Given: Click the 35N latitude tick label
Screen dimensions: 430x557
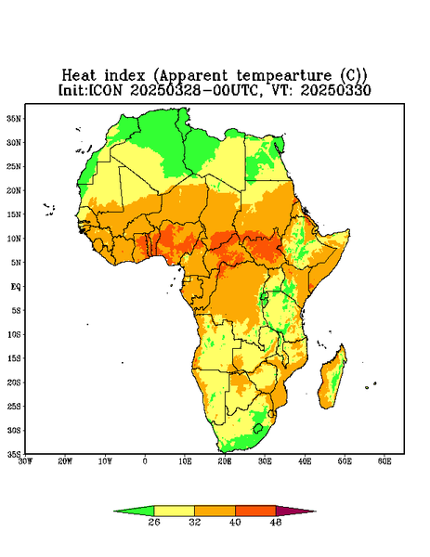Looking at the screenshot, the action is pos(14,118).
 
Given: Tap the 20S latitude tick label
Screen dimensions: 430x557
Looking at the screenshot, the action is pos(14,382).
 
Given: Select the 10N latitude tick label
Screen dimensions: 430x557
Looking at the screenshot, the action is pos(14,239).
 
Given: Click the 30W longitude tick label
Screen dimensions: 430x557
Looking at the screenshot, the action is pos(25,461).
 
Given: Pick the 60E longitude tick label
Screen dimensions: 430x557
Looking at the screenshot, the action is pos(384,461).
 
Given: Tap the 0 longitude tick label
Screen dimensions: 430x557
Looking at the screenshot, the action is pos(145,461).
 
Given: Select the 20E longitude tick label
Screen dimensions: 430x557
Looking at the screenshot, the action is pos(225,461).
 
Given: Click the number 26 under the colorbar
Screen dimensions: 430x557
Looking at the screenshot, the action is pos(154,522).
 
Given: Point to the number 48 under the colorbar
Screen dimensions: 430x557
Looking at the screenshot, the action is pos(276,522).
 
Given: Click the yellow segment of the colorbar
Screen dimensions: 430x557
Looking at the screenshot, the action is pos(174,511).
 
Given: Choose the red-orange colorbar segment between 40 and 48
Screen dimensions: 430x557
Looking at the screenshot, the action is pos(255,511).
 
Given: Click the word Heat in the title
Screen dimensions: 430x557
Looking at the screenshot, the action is pos(79,75).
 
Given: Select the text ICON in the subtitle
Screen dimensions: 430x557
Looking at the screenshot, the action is pos(105,90).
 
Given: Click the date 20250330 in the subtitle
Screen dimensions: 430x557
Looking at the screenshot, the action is pos(335,90).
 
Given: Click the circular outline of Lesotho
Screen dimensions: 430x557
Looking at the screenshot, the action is pos(258,428).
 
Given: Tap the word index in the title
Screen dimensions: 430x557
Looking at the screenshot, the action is pos(124,75).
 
